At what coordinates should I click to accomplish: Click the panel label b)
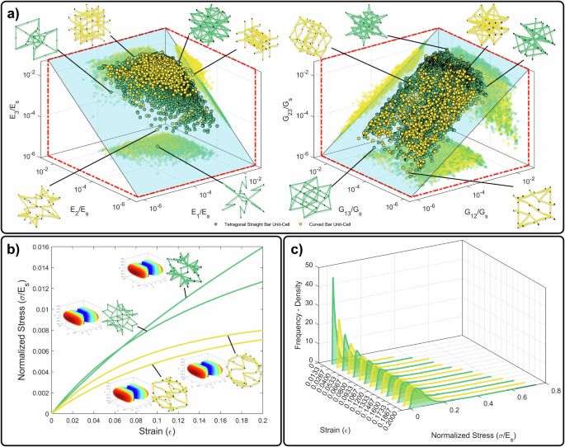pos(14,247)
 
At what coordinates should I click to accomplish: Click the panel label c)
pos(295,247)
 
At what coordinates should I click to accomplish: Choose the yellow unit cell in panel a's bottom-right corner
pos(534,195)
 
